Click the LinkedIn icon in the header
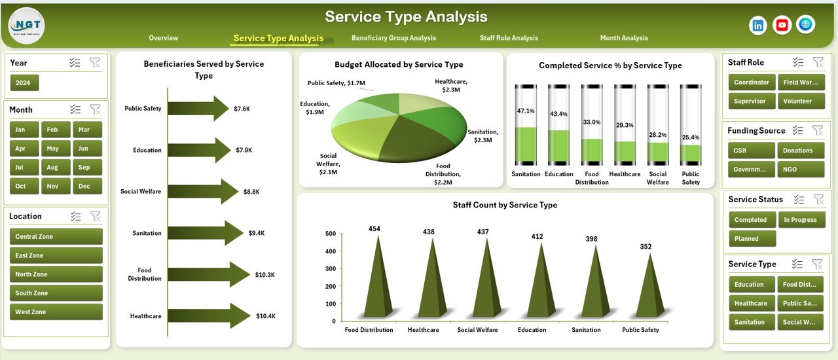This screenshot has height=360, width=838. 758,26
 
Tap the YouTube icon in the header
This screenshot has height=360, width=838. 782,26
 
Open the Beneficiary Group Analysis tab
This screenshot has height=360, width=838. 393,38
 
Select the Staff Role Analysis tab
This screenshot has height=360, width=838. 509,38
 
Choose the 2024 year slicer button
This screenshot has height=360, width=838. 25,82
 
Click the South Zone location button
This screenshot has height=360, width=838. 56,293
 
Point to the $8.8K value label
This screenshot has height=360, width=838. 251,192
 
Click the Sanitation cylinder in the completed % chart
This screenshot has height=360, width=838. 525,125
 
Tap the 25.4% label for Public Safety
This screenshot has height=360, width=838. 691,137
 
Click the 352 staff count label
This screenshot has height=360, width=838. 646,247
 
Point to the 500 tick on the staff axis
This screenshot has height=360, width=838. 330,234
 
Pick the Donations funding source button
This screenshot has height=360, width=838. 800,151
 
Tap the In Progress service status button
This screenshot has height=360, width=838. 800,220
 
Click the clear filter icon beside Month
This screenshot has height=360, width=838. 95,109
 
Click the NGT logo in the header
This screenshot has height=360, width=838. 26,26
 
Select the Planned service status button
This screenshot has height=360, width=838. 752,239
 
